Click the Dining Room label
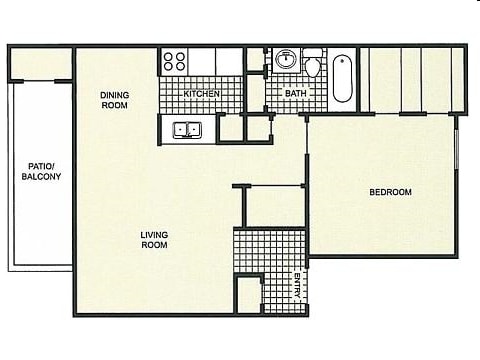[114, 100]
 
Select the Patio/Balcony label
[41, 171]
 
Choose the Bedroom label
[390, 192]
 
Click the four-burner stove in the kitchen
[174, 61]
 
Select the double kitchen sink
[186, 128]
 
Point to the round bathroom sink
[286, 60]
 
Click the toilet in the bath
[313, 65]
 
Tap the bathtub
[342, 78]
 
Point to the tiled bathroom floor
[296, 100]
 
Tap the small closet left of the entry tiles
[247, 296]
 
